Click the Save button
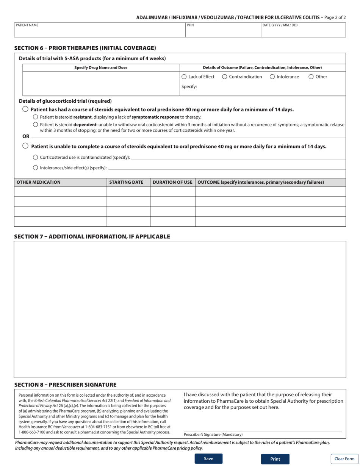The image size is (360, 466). click(x=208, y=459)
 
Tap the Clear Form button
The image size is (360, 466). click(x=344, y=459)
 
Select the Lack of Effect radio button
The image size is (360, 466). click(x=184, y=77)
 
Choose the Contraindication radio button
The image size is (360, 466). click(x=225, y=77)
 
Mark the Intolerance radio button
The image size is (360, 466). click(x=272, y=77)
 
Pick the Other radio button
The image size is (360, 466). click(x=311, y=77)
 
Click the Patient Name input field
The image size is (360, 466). click(x=99, y=30)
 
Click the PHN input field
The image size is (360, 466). click(x=223, y=30)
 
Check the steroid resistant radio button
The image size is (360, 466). click(x=36, y=117)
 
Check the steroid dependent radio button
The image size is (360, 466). click(x=36, y=125)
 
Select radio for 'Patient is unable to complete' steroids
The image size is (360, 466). click(x=25, y=146)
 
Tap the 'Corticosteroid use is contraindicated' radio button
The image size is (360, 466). click(x=36, y=157)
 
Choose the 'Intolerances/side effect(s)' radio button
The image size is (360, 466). click(x=36, y=168)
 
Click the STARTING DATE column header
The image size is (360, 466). click(x=126, y=182)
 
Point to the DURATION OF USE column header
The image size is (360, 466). click(x=172, y=182)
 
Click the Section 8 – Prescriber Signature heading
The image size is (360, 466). click(x=65, y=385)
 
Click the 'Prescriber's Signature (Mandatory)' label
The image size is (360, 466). click(x=213, y=435)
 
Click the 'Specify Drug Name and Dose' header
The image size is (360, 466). click(x=101, y=67)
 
